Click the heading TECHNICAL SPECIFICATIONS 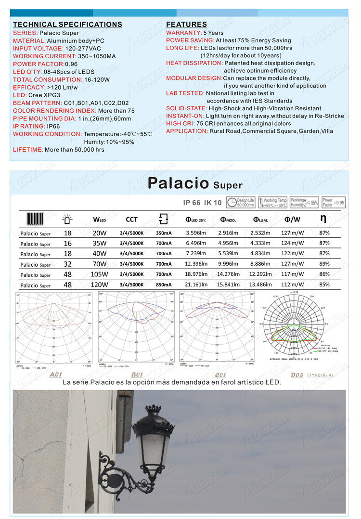tap(67, 25)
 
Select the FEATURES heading tap(186, 25)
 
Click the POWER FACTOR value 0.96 tap(71, 64)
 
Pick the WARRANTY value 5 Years tap(214, 33)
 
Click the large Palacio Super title tap(194, 183)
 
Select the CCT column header tap(131, 220)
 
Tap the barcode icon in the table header tap(35, 219)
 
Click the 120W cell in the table tap(99, 285)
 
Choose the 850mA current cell tap(164, 285)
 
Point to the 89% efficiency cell tap(324, 264)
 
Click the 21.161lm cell tap(195, 285)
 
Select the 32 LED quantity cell tap(67, 264)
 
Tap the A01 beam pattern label tap(56, 374)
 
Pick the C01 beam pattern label tap(220, 374)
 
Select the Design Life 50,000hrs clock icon tap(232, 203)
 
